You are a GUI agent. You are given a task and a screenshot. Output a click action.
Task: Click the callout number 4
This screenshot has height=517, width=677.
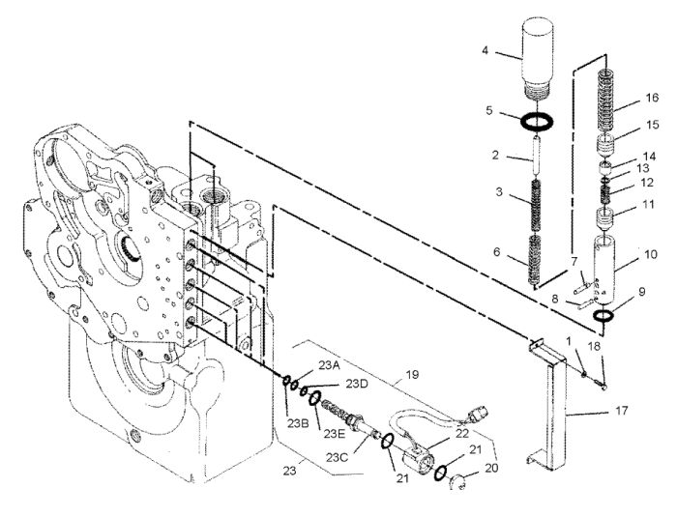pyautogui.click(x=485, y=50)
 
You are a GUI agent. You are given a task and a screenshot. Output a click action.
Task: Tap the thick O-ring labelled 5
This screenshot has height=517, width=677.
pyautogui.click(x=537, y=121)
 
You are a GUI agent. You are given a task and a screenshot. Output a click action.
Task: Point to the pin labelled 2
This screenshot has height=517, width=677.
pyautogui.click(x=537, y=156)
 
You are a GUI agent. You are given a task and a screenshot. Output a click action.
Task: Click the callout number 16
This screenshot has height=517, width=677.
pyautogui.click(x=653, y=98)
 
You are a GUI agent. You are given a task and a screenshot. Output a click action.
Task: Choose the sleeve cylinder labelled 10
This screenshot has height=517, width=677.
pyautogui.click(x=604, y=268)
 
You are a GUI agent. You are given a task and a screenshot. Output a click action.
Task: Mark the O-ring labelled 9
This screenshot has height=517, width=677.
pyautogui.click(x=603, y=316)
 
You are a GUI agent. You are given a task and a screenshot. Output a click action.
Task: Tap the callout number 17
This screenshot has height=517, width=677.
pyautogui.click(x=622, y=410)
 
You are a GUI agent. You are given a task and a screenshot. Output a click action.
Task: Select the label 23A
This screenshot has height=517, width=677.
pyautogui.click(x=329, y=365)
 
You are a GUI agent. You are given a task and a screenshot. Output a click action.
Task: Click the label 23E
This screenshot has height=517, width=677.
pyautogui.click(x=335, y=434)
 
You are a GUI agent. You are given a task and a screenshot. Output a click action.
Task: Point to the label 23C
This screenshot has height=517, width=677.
pyautogui.click(x=337, y=457)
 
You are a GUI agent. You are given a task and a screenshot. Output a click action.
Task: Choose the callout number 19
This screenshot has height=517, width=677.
pyautogui.click(x=412, y=374)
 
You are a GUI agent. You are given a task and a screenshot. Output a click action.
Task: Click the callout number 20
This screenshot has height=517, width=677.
pyautogui.click(x=491, y=468)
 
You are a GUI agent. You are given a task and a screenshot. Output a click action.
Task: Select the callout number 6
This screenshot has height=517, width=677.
pyautogui.click(x=496, y=251)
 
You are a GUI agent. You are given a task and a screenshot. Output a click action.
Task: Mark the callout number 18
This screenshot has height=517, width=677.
pyautogui.click(x=595, y=345)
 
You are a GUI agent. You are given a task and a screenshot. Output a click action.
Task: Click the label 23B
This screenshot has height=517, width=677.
pyautogui.click(x=298, y=424)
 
